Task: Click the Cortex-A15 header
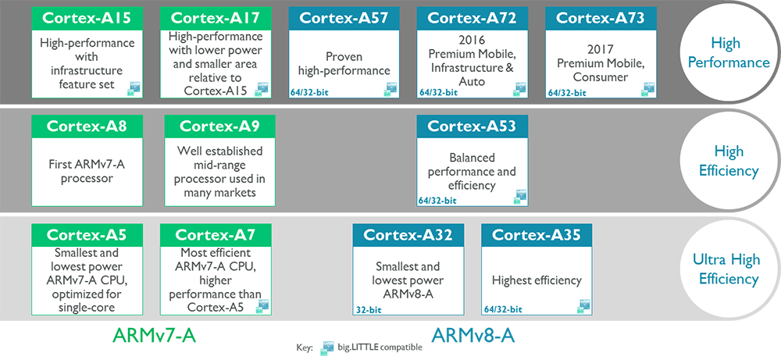87,18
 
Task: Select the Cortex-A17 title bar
216,18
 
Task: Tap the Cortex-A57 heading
344,18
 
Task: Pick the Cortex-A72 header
473,18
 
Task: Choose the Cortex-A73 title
601,18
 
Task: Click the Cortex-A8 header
87,127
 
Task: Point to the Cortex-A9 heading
219,127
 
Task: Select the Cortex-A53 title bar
473,127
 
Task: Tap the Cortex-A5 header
87,234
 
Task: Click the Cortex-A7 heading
216,234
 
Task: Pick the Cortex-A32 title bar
408,234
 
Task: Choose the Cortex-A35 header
537,234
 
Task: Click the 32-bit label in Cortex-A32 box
369,310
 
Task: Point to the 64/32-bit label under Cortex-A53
438,201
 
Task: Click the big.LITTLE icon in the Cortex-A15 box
134,88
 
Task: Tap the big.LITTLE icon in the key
327,348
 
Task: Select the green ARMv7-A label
155,336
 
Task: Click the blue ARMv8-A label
473,336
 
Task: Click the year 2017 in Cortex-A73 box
600,50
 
